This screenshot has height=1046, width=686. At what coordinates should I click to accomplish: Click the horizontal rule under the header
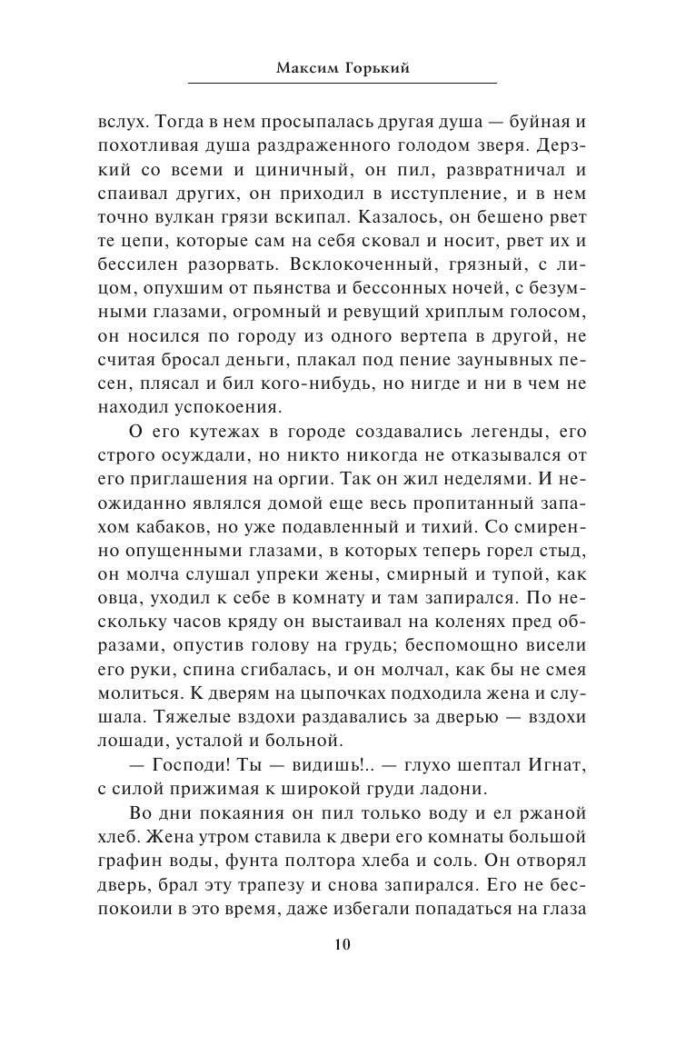coord(343,84)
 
